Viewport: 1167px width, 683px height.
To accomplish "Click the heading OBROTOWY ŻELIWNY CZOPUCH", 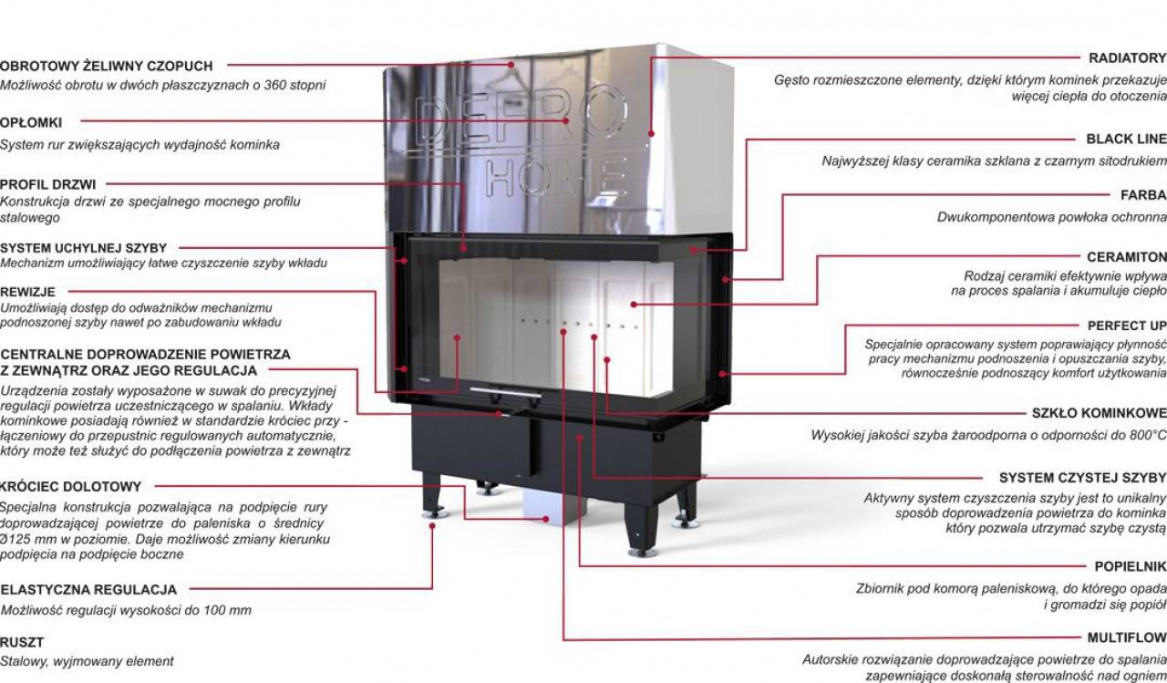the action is pos(107,67).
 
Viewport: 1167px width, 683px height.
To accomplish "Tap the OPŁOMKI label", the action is pos(31,123).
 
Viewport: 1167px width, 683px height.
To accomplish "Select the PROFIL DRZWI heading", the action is pos(48,184).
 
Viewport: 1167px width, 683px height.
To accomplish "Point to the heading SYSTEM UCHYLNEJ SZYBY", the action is pos(83,248).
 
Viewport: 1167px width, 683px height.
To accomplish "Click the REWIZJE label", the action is pos(27,292).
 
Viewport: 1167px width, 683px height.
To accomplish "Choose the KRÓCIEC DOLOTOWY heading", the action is pos(71,487).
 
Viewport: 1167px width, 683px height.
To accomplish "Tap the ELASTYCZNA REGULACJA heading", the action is pos(88,590).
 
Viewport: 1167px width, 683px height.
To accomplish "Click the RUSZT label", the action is pos(22,642).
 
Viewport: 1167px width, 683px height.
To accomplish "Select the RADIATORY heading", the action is pos(1128,57).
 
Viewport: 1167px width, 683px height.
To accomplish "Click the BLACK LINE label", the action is pos(1126,140).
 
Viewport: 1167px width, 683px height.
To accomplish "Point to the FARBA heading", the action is pos(1144,195).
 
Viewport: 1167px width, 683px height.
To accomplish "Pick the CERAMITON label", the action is pos(1127,257).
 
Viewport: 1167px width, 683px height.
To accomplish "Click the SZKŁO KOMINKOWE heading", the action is pos(1100,413).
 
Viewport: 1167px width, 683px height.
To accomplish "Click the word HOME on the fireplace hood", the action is pos(556,178).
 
